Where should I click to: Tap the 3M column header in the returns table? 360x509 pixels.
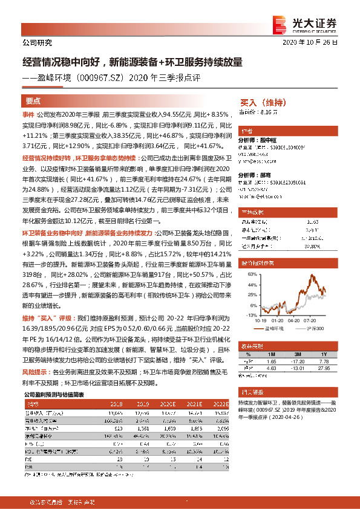point(296,354)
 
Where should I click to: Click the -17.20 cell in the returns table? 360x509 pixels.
point(296,361)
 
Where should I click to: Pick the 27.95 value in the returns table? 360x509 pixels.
point(324,367)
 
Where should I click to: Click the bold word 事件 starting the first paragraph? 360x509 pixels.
point(28,114)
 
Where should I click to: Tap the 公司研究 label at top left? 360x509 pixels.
point(37,44)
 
